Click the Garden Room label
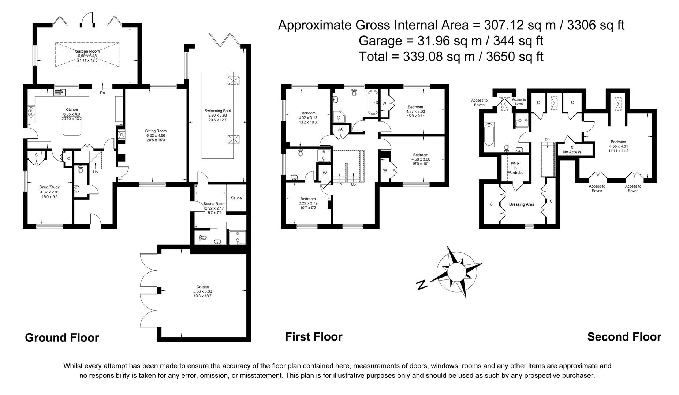[x=87, y=51]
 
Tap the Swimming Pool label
[x=217, y=111]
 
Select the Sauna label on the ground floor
[x=236, y=198]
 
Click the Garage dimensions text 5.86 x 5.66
[x=202, y=291]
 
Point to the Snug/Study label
[x=49, y=187]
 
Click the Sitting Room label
[x=156, y=131]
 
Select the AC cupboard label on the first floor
[x=341, y=129]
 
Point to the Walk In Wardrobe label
[x=515, y=168]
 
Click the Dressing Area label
[x=522, y=204]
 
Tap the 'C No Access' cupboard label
[x=572, y=150]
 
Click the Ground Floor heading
[x=62, y=337]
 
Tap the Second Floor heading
[x=624, y=336]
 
